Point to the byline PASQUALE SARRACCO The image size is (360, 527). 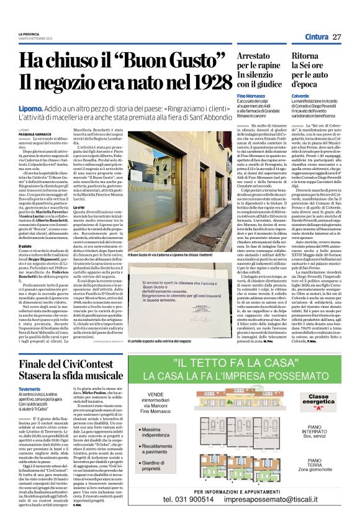(x=36, y=133)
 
